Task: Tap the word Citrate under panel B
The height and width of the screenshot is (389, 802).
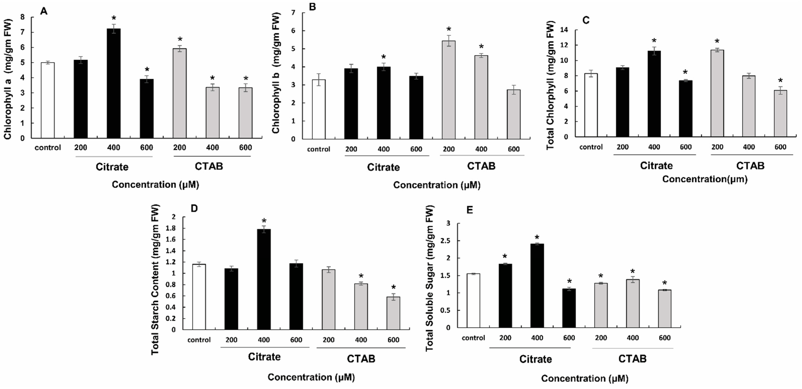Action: click(x=383, y=167)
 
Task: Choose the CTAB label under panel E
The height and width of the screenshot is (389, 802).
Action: click(x=632, y=359)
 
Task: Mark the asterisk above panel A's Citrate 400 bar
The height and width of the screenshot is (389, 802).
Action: click(x=114, y=18)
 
